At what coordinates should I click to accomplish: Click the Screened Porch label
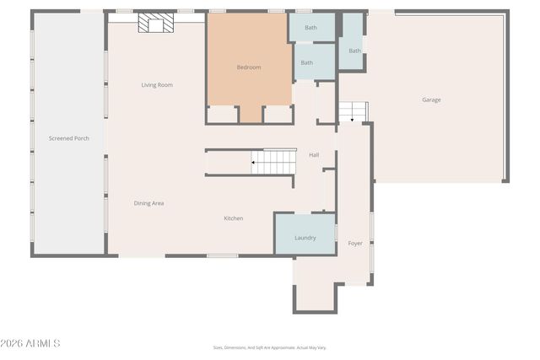point(68,138)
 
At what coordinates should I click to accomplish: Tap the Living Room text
point(157,85)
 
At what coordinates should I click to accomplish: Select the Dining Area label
point(148,203)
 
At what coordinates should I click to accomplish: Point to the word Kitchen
point(234,218)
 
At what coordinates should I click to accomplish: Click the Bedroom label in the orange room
point(249,67)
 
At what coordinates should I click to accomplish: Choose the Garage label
point(431,99)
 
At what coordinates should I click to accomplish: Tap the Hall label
point(314,155)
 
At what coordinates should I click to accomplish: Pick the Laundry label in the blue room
point(305,238)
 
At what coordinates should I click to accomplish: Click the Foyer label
point(355,244)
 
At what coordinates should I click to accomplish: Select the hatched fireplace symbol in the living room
point(154,23)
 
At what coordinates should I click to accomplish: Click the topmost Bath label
point(310,28)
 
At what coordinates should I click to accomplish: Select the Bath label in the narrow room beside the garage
point(354,51)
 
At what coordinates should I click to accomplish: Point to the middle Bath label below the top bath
point(307,62)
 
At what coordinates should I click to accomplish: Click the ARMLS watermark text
point(32,344)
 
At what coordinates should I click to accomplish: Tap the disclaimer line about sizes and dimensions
point(269,347)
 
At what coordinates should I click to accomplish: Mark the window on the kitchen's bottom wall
point(222,255)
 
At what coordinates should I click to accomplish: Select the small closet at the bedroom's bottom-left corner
point(223,114)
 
